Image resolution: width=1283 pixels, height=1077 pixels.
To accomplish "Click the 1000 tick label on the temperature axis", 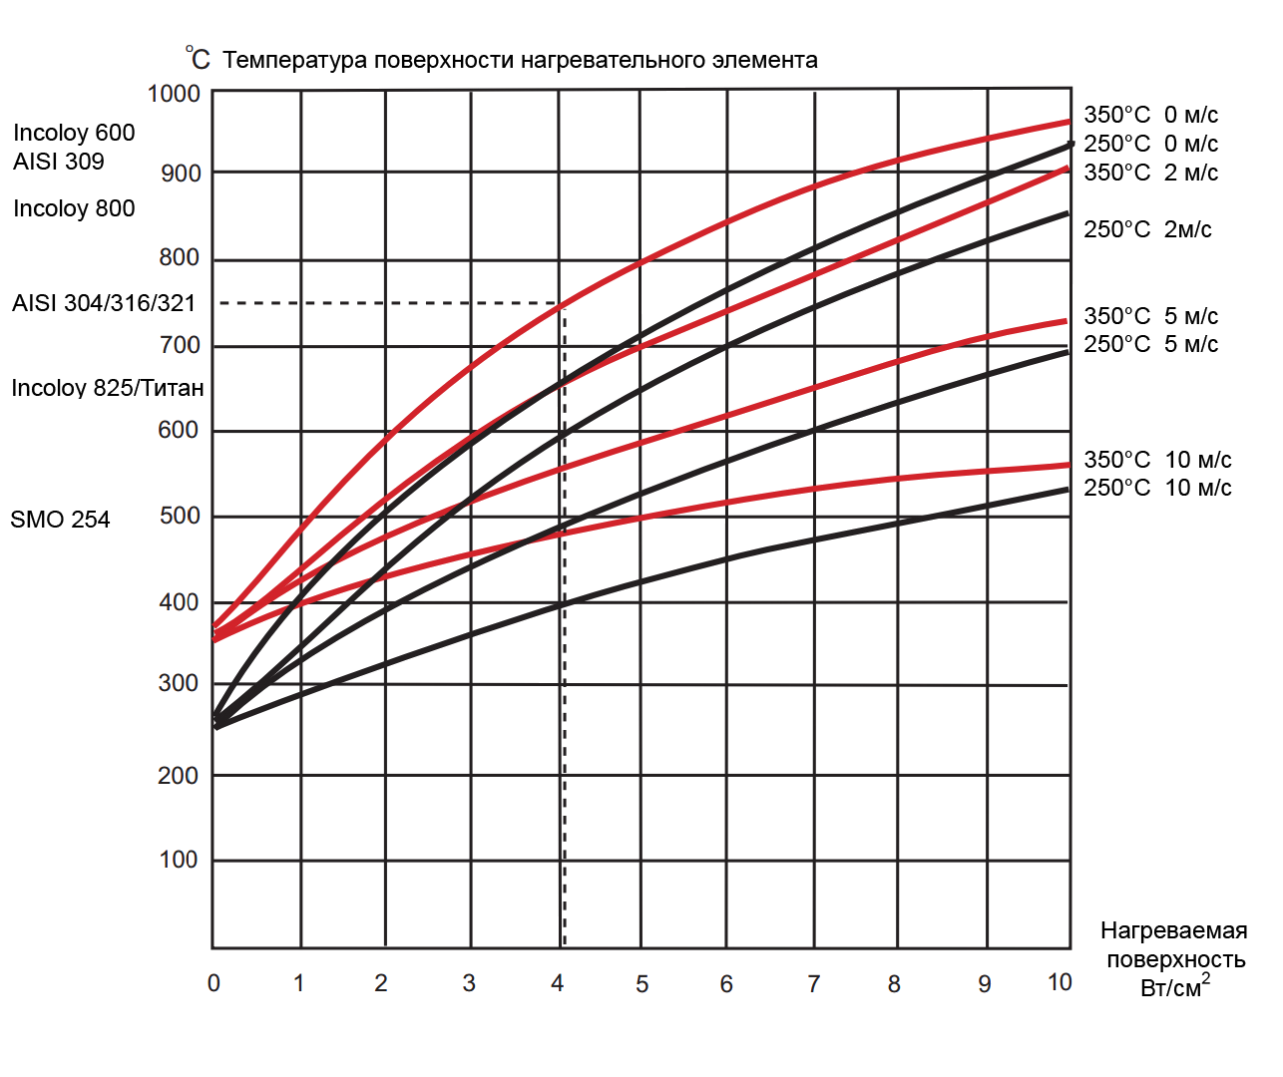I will pos(174,94).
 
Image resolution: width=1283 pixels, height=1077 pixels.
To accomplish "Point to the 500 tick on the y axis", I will pos(180,516).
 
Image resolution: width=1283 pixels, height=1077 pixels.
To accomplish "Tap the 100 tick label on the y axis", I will pos(179,860).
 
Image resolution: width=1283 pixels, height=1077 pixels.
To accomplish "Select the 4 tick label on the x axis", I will pos(557,983).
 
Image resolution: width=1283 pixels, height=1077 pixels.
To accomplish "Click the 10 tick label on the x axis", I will pos(1060,982).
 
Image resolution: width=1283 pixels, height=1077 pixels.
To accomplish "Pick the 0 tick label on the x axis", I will pos(214,983).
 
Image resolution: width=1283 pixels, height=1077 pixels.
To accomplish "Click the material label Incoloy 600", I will pos(74,133).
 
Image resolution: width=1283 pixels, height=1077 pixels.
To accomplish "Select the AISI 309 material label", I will pos(59,162).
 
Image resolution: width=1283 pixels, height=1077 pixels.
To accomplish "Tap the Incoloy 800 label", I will pos(74,208).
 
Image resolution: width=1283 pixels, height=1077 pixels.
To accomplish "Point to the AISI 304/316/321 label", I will pos(104,303).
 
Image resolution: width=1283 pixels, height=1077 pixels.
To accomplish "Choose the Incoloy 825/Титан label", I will pos(108,388).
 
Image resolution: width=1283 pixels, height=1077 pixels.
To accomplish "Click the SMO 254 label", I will pos(60,520).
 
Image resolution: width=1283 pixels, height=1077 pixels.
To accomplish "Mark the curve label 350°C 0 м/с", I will pos(1151,115).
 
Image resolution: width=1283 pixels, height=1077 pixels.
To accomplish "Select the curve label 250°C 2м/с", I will pos(1148,229).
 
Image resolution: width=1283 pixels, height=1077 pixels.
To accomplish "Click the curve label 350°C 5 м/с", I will pos(1151,316).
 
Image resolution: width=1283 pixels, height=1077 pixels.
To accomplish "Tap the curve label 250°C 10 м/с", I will pos(1157,488).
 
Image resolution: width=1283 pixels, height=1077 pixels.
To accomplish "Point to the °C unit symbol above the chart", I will pos(198,59).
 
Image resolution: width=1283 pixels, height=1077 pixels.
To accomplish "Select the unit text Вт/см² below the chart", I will pos(1174,987).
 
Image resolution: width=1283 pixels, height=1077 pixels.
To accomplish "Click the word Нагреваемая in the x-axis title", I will pos(1174,930).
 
